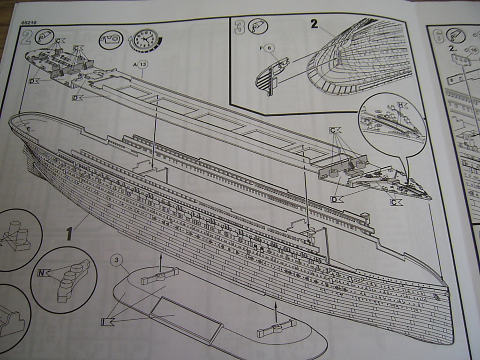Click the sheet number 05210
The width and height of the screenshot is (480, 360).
click(x=29, y=22)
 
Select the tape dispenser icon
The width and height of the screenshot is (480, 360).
click(x=111, y=40)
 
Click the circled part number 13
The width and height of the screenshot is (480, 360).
click(x=143, y=64)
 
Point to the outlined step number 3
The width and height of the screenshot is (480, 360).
click(x=240, y=27)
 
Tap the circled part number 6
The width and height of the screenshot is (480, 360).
click(x=270, y=48)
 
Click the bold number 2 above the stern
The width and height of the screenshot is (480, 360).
click(x=315, y=23)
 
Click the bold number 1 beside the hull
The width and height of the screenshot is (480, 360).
click(x=69, y=233)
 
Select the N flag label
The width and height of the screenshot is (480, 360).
click(x=43, y=273)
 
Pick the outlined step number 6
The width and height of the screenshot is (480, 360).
click(x=439, y=36)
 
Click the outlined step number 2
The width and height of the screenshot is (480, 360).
click(x=27, y=37)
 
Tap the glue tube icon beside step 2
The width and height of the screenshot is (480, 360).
click(x=45, y=37)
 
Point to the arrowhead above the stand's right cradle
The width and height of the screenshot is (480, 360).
click(x=276, y=305)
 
